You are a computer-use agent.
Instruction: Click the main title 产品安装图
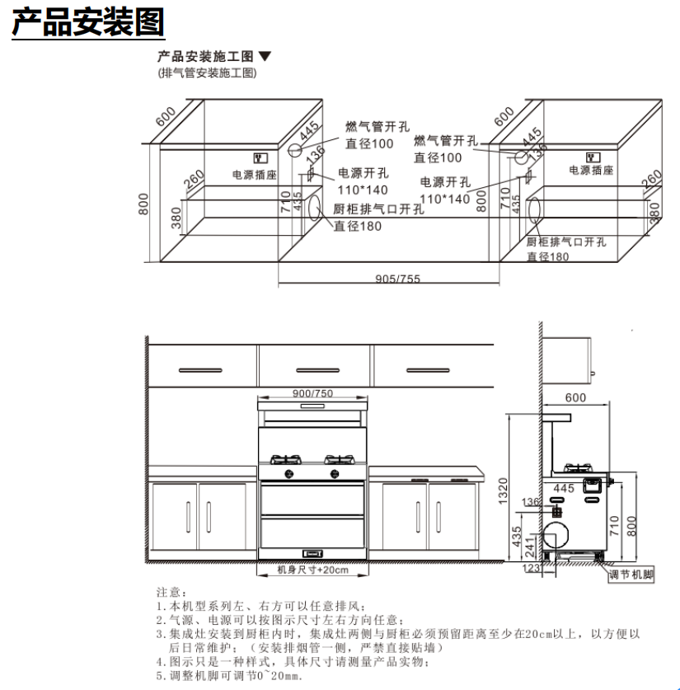tap(87, 22)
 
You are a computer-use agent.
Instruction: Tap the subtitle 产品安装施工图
tap(207, 57)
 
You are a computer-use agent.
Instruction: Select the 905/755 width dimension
tap(397, 279)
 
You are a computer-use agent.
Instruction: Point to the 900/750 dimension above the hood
tap(313, 393)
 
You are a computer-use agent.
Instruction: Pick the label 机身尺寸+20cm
tap(312, 570)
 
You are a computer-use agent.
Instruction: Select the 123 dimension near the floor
tap(529, 567)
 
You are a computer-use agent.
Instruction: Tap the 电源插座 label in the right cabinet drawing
tap(591, 170)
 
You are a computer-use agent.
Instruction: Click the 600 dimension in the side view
tap(575, 398)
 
